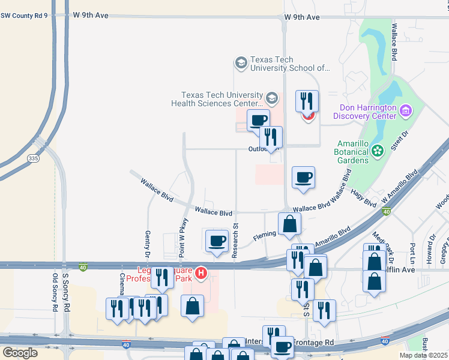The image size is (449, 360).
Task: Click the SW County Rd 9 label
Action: coord(24,15)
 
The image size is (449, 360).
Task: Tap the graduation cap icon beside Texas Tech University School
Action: coord(241,64)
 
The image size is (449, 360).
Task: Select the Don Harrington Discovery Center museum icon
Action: coord(406,111)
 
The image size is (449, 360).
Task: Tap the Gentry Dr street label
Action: coord(148,245)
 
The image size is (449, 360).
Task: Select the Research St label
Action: coord(236,241)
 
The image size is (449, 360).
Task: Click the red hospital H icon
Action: coord(202,275)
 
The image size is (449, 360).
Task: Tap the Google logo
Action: coord(20,352)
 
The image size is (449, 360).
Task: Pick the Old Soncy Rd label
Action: coord(55,292)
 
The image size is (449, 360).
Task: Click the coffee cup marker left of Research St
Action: coord(217,241)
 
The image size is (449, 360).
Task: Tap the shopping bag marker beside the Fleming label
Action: coord(290,224)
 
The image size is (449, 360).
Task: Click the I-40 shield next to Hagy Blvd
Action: coord(386,212)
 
